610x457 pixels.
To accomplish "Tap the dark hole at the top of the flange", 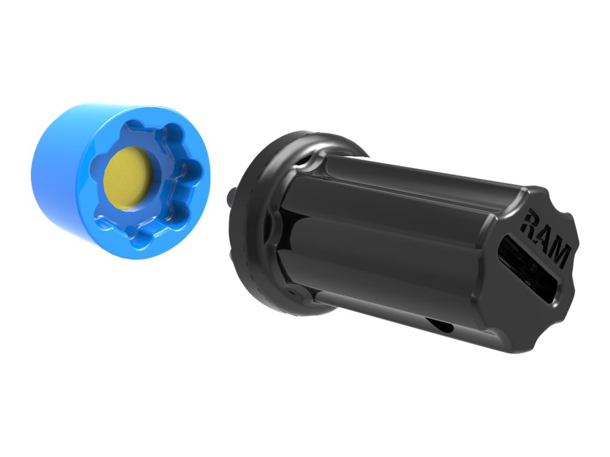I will point(306,161).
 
